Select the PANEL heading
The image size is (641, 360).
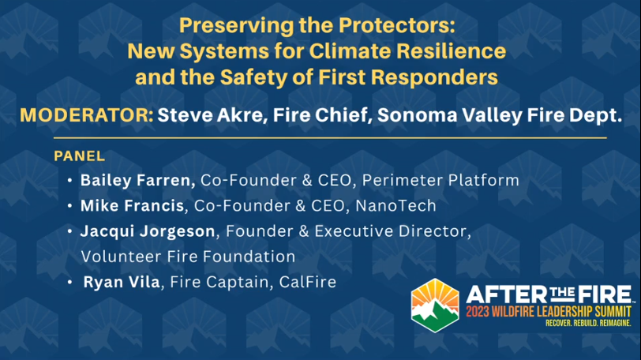pos(79,156)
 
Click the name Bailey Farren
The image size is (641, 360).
pos(138,181)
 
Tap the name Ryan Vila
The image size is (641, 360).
pos(122,282)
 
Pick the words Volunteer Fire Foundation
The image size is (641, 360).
pos(189,257)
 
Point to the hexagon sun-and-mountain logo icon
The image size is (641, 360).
pos(434,308)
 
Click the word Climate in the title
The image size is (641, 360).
pos(345,51)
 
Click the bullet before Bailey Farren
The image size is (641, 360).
pos(70,181)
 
